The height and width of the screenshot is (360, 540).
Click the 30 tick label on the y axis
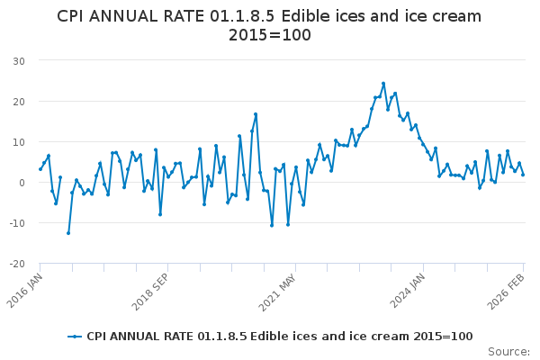pos(18,60)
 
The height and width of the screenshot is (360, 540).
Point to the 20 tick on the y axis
pos(18,101)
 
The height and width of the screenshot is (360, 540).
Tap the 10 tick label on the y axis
pos(18,142)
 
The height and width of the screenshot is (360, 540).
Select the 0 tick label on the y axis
pos(21,183)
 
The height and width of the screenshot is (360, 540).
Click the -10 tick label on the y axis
pos(16,223)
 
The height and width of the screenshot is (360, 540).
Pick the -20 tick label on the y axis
pos(16,264)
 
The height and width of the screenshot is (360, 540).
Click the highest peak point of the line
pos(383,84)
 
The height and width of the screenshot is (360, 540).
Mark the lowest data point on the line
pos(68,233)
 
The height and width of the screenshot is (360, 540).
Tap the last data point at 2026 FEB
pos(523,175)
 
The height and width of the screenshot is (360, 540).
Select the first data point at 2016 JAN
pos(40,169)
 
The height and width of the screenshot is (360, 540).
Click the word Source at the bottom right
pos(508,351)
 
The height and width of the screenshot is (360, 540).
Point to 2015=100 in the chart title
pos(270,36)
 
